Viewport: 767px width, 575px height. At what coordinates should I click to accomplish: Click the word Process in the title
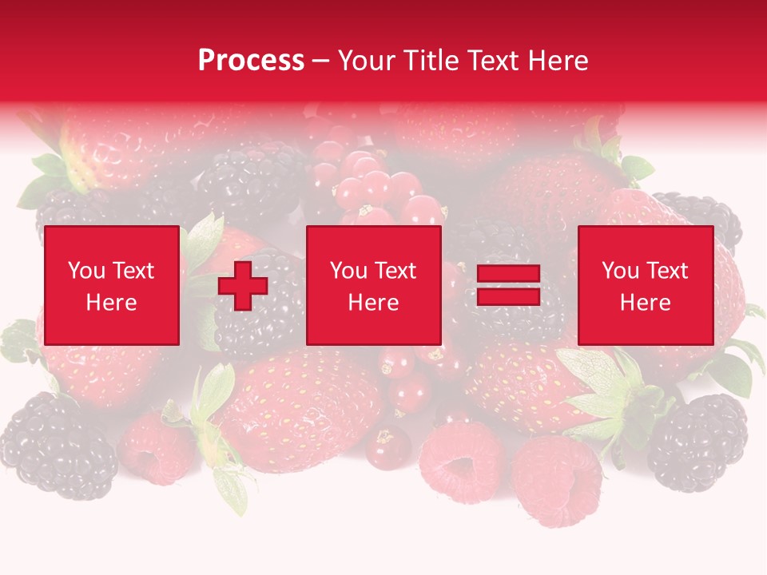(x=251, y=61)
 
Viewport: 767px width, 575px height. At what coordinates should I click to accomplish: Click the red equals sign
(x=508, y=285)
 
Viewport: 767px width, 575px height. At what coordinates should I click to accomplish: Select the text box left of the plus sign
(x=111, y=285)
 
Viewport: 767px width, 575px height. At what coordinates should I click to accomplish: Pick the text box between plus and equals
(x=373, y=285)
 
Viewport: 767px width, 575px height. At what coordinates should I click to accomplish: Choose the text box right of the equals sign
(x=645, y=285)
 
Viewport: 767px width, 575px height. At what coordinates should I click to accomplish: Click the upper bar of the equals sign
(x=508, y=274)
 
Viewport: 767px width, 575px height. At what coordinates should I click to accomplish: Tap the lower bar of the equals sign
(x=508, y=296)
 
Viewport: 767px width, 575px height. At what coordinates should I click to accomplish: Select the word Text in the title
(x=491, y=61)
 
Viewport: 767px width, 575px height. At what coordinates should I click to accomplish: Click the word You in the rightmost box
(x=621, y=271)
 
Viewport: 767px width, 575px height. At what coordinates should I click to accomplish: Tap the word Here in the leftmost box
(x=111, y=303)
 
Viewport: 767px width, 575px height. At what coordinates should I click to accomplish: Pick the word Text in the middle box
(x=395, y=271)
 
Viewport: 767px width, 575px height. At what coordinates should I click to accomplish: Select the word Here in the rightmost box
(x=645, y=303)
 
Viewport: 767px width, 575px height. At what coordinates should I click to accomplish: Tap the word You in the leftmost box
(x=87, y=271)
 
